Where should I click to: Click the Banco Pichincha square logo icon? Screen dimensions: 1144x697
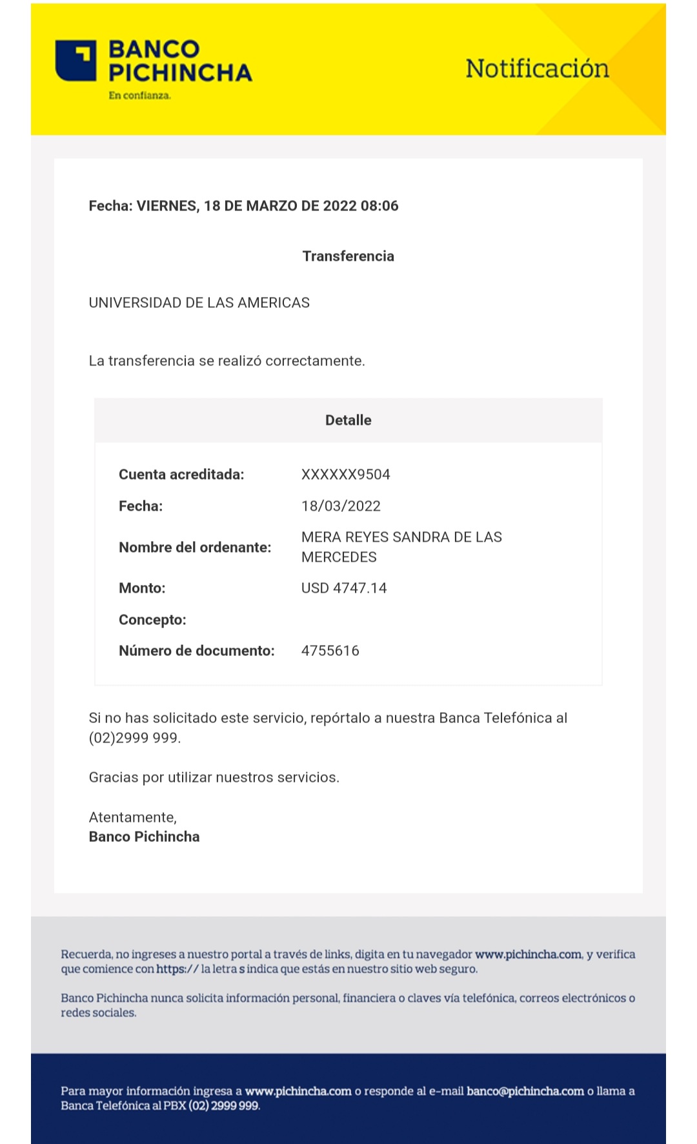pyautogui.click(x=76, y=61)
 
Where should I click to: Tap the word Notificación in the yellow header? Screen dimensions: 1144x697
pyautogui.click(x=537, y=68)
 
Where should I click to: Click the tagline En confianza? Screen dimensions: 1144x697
pyautogui.click(x=139, y=96)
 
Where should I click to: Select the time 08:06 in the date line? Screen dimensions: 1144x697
pyautogui.click(x=379, y=206)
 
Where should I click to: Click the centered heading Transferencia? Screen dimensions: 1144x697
pyautogui.click(x=348, y=256)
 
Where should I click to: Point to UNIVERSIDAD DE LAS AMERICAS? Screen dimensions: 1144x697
pyautogui.click(x=199, y=303)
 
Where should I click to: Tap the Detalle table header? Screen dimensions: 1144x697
pyautogui.click(x=348, y=420)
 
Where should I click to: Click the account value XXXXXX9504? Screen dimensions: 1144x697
pyautogui.click(x=345, y=475)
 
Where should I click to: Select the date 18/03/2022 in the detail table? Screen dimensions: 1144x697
pyautogui.click(x=341, y=506)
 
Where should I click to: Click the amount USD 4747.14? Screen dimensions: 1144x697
pyautogui.click(x=344, y=588)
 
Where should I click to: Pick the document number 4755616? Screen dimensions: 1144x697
pyautogui.click(x=330, y=651)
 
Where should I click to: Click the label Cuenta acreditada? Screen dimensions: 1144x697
pyautogui.click(x=181, y=475)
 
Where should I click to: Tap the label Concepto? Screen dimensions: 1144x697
pyautogui.click(x=152, y=620)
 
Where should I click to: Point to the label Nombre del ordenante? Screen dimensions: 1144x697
pyautogui.click(x=195, y=547)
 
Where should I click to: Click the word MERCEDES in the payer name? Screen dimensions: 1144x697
pyautogui.click(x=339, y=557)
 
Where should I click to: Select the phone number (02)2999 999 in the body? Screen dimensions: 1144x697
pyautogui.click(x=134, y=738)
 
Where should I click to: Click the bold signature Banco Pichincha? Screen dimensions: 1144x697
pyautogui.click(x=144, y=837)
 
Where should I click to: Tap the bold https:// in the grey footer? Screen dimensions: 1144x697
pyautogui.click(x=177, y=969)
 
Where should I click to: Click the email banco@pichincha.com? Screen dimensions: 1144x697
pyautogui.click(x=525, y=1091)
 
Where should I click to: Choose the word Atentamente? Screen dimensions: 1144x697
pyautogui.click(x=132, y=817)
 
